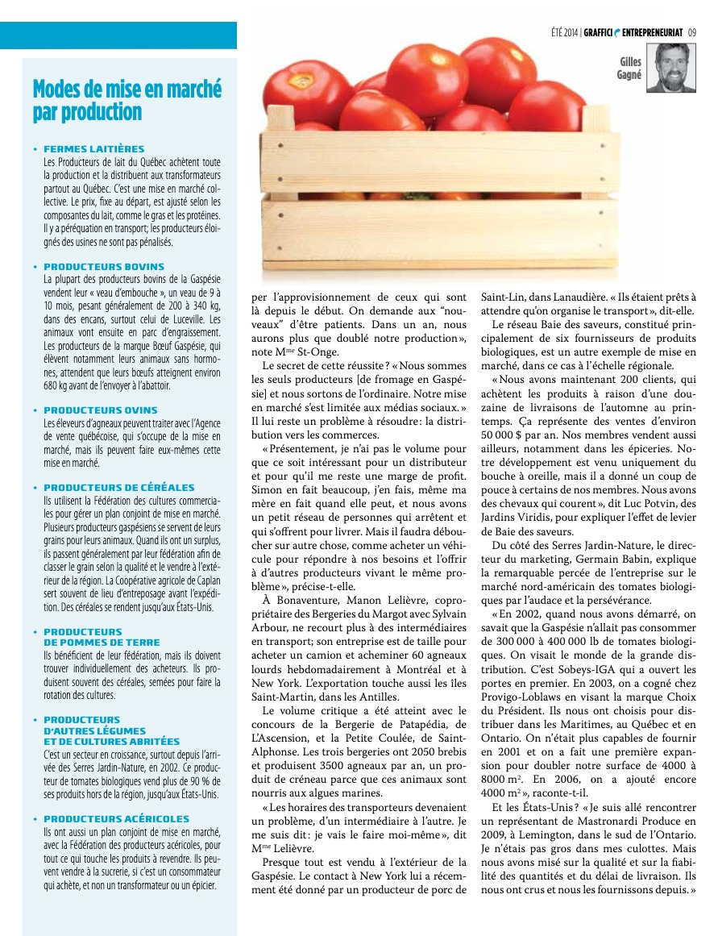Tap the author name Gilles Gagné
[x=630, y=68]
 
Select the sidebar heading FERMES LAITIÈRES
[x=94, y=149]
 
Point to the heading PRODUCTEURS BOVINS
[x=104, y=266]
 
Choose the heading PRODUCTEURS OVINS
[x=101, y=410]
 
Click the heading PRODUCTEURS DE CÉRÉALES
[x=119, y=488]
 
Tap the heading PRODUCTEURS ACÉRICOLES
[x=117, y=818]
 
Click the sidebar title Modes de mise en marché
[x=127, y=89]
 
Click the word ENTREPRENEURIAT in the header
[x=652, y=33]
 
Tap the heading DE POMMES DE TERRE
[x=102, y=643]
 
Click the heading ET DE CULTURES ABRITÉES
[x=112, y=741]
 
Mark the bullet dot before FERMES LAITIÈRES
[x=35, y=149]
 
